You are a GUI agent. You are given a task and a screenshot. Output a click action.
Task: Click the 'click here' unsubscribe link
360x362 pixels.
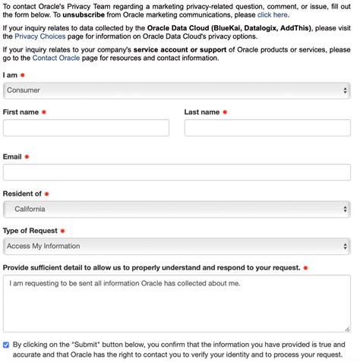(273, 14)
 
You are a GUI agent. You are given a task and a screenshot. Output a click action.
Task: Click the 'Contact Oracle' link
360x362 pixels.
(55, 58)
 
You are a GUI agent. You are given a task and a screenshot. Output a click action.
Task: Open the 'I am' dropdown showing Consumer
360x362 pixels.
(176, 90)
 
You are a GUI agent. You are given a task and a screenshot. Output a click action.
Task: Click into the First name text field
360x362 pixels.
(86, 127)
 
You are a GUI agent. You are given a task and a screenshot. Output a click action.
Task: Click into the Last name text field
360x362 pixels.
(267, 127)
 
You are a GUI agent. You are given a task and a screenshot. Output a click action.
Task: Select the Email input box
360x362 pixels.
(176, 172)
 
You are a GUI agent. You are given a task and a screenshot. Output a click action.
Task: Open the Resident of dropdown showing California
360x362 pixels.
(176, 209)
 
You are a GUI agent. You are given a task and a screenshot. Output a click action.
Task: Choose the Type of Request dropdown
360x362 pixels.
(176, 246)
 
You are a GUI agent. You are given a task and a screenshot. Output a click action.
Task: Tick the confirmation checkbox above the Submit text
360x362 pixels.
(7, 344)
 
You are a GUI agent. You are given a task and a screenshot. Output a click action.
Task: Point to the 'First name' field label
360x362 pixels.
(21, 112)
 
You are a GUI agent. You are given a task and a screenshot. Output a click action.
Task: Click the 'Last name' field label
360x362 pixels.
(201, 112)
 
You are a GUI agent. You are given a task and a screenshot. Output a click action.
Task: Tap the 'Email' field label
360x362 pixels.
(12, 156)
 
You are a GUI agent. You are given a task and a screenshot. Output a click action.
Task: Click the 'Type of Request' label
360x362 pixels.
(30, 230)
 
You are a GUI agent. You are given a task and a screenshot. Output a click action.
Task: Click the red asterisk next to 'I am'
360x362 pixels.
(23, 75)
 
